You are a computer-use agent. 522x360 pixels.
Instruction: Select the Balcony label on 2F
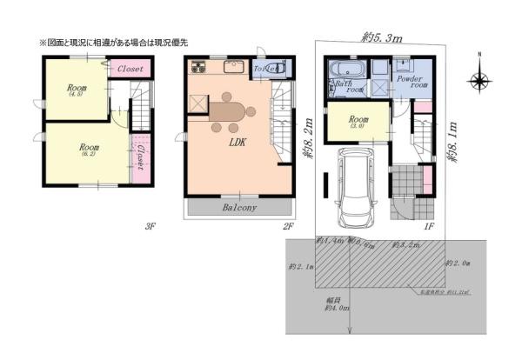tap(238, 209)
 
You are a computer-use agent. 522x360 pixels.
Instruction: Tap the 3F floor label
tap(150, 226)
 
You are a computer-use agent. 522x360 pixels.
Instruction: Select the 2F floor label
tap(288, 226)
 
